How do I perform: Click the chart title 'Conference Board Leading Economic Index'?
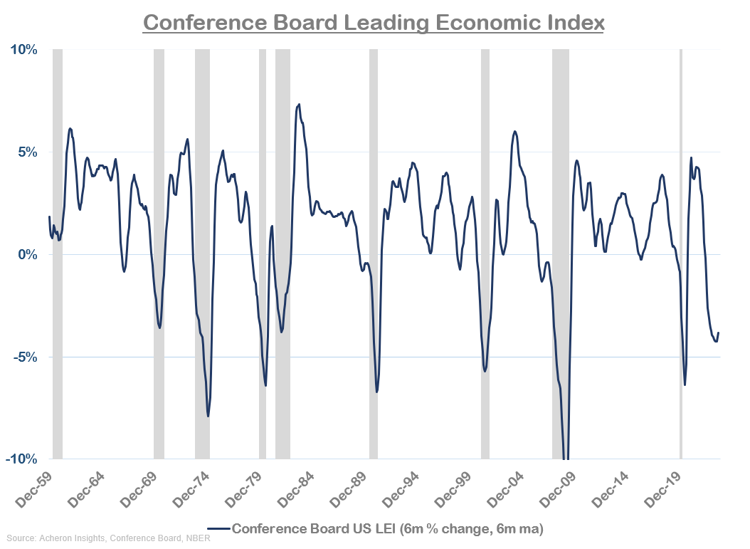point(374,22)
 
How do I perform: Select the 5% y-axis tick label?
point(26,152)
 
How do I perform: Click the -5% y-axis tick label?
point(25,357)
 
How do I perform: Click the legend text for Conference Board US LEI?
point(387,528)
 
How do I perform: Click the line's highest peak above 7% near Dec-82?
point(299,105)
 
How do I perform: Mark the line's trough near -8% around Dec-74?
point(208,416)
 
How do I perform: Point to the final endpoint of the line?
point(719,333)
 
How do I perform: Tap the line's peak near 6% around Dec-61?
point(70,129)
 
